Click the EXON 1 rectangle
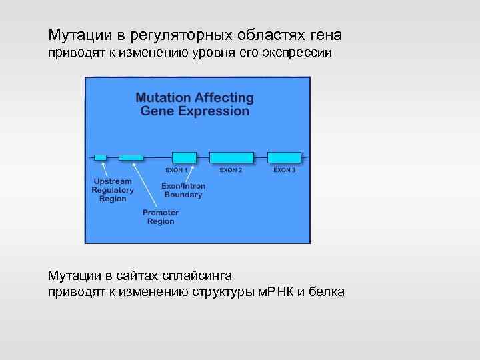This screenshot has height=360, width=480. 184,157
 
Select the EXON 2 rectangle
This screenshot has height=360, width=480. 231,157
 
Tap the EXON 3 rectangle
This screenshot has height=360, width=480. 284,157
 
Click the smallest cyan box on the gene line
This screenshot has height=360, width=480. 100,157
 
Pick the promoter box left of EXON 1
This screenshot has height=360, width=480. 131,157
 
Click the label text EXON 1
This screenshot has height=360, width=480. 177,170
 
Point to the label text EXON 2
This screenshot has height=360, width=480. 231,170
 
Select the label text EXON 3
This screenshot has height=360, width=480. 284,170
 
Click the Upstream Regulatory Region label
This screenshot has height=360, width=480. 113,190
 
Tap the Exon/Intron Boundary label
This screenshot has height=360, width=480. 183,191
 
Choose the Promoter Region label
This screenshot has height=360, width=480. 161,217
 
